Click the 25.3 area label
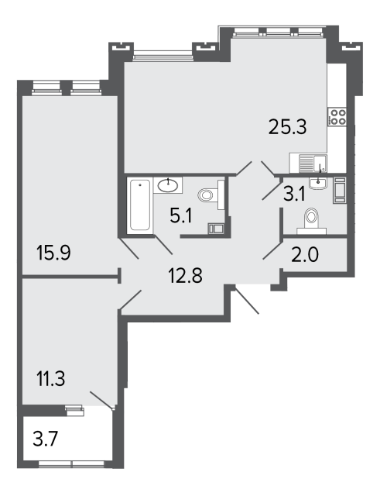[287, 127]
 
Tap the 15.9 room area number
[53, 253]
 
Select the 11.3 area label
[51, 378]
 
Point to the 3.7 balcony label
[46, 439]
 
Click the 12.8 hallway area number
[186, 275]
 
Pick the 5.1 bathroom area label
[181, 215]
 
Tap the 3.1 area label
[294, 194]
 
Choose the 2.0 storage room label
[305, 255]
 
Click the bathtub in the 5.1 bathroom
[140, 205]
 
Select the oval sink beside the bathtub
[168, 185]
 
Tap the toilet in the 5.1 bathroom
[211, 195]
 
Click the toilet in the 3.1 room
[311, 221]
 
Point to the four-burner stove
[337, 117]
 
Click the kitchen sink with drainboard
[308, 164]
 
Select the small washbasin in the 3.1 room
[318, 183]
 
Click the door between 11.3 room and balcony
[101, 400]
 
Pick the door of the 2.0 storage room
[272, 251]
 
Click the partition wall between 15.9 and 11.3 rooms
[70, 277]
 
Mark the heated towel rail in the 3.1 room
[339, 190]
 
